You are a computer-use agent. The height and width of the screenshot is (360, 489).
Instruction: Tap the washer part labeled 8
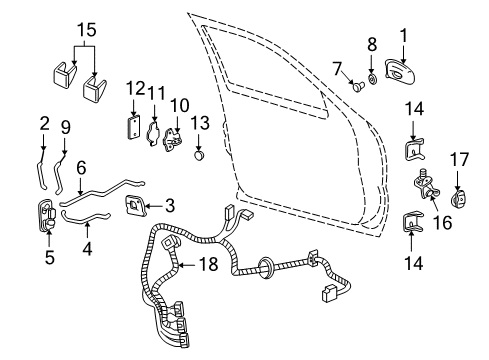(372, 75)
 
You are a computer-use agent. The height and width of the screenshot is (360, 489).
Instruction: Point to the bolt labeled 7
(356, 88)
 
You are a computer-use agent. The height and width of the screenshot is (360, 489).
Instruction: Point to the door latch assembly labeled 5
(49, 219)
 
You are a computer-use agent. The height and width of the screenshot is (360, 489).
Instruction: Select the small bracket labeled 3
(133, 206)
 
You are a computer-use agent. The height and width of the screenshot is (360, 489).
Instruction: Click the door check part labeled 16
(424, 187)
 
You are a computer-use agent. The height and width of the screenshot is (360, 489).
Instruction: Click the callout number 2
(44, 123)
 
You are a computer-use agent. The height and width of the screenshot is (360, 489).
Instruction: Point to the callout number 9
(66, 128)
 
